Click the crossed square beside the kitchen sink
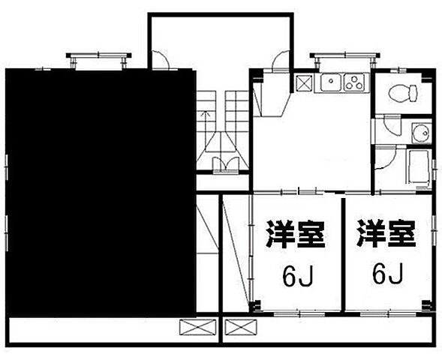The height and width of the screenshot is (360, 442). [x=305, y=83]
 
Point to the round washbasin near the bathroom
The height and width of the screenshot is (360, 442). [x=421, y=133]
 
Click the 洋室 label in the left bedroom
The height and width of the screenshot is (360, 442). [x=295, y=234]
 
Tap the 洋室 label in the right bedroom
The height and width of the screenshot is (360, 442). [x=386, y=233]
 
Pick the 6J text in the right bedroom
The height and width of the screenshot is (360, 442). [x=387, y=273]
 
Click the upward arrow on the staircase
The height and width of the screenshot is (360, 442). [x=206, y=126]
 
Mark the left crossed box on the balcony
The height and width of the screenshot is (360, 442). [x=197, y=327]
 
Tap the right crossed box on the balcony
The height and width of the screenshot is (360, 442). [x=241, y=327]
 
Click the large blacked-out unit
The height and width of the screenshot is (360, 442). [x=101, y=193]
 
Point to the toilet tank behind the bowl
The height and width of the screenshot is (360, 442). [x=413, y=93]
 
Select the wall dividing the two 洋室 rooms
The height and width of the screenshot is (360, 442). [x=344, y=255]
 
